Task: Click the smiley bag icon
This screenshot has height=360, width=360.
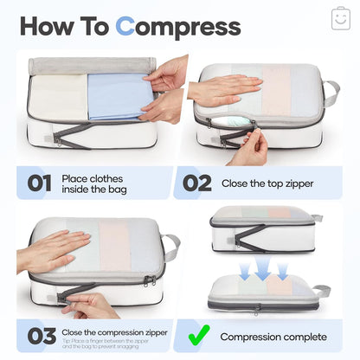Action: [340, 18]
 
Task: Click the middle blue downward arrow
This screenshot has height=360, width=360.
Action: [264, 269]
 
